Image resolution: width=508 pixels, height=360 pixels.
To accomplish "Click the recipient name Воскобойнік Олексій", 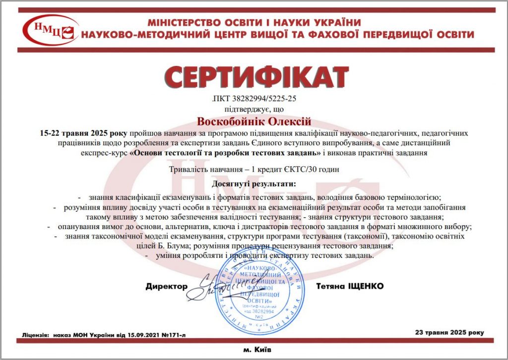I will (x=254, y=121).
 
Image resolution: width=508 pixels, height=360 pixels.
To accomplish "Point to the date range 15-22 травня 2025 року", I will (x=83, y=134).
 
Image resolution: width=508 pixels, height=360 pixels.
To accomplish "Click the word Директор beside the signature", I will (x=167, y=287).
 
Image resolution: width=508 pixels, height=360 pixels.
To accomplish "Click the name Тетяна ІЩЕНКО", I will (x=350, y=287).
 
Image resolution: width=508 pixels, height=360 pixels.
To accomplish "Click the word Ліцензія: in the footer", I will (x=35, y=335).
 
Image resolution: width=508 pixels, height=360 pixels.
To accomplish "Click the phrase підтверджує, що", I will (x=254, y=109).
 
